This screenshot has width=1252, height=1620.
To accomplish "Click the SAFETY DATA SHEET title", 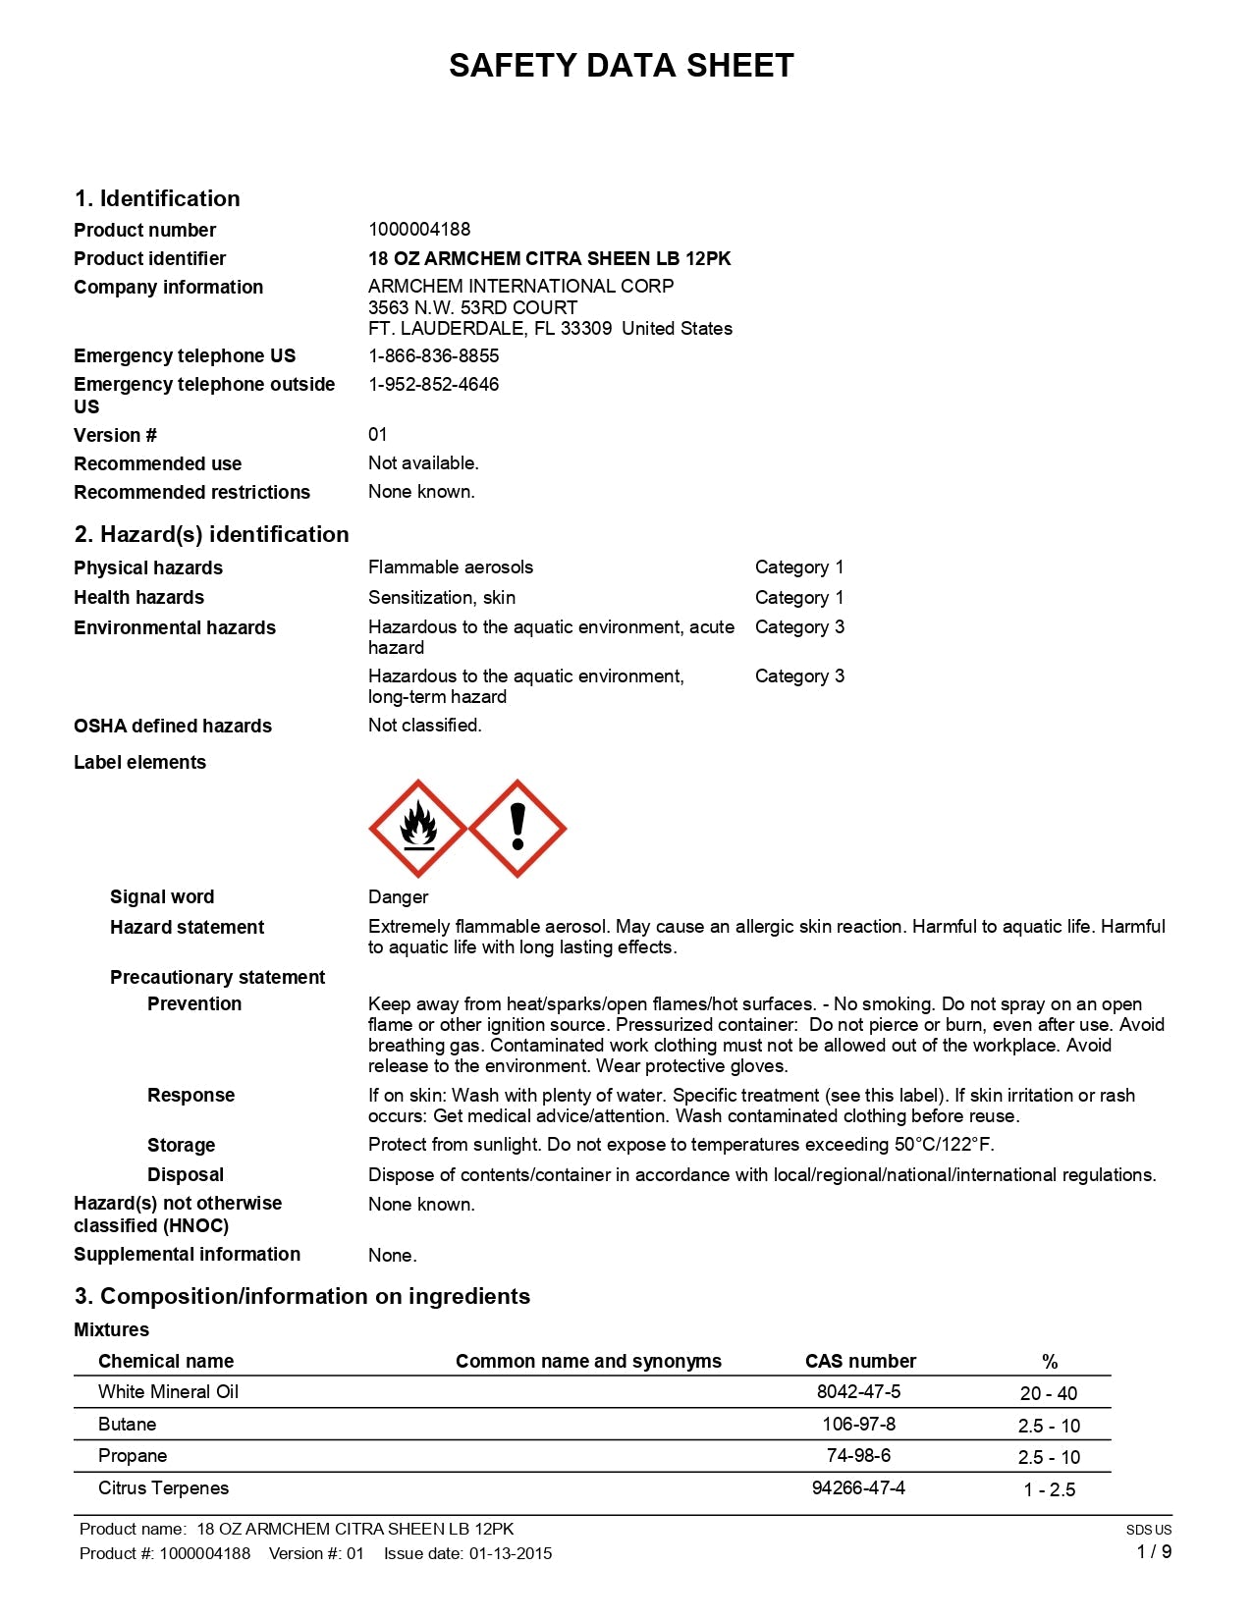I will pyautogui.click(x=621, y=66).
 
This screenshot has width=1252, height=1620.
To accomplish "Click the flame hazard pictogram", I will pyautogui.click(x=417, y=829).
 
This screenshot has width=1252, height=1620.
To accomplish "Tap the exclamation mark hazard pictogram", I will pyautogui.click(x=517, y=829).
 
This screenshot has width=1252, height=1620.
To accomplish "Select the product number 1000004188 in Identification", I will pyautogui.click(x=419, y=230).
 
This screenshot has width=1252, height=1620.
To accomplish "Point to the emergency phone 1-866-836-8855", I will pyautogui.click(x=433, y=355).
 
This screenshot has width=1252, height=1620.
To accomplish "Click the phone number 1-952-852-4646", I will pyautogui.click(x=433, y=384).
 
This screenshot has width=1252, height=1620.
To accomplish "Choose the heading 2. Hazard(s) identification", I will pyautogui.click(x=211, y=534).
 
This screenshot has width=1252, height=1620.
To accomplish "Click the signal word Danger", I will pyautogui.click(x=398, y=897).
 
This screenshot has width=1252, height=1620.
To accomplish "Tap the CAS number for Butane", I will pyautogui.click(x=858, y=1424).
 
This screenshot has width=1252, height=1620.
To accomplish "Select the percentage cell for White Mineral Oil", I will pyautogui.click(x=1048, y=1393).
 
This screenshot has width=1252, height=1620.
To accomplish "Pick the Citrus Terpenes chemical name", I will pyautogui.click(x=163, y=1487).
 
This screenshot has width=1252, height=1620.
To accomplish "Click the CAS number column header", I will pyautogui.click(x=860, y=1361).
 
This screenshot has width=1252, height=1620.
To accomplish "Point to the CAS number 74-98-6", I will pyautogui.click(x=858, y=1455).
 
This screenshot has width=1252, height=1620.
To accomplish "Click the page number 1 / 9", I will pyautogui.click(x=1154, y=1551).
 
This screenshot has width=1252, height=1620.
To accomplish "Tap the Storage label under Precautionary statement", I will pyautogui.click(x=181, y=1145).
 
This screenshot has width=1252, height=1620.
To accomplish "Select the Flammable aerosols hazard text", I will pyautogui.click(x=451, y=567).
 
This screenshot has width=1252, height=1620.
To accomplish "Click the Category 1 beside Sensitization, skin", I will pyautogui.click(x=799, y=597).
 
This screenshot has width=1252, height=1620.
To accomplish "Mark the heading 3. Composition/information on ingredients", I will pyautogui.click(x=302, y=1296).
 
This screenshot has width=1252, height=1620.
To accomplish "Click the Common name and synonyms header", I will pyautogui.click(x=588, y=1361).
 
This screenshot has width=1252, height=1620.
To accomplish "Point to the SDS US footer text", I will pyautogui.click(x=1148, y=1530).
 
